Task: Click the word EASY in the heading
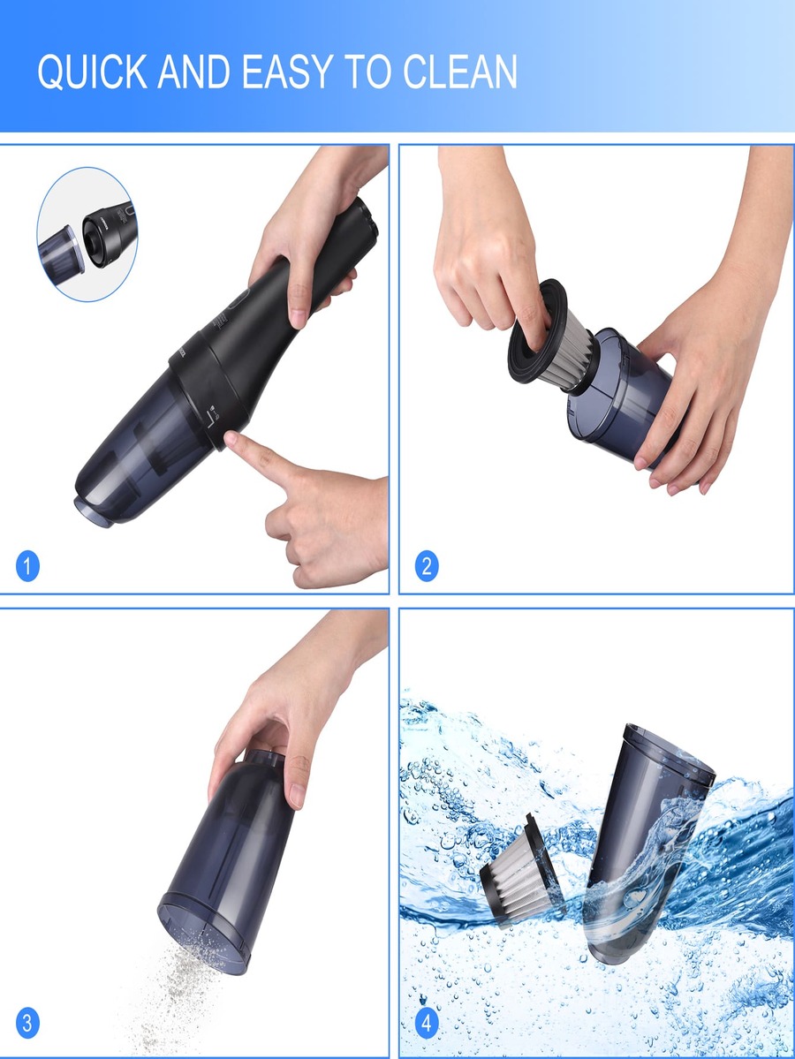point(296,72)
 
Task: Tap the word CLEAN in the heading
point(460,72)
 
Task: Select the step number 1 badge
point(27,565)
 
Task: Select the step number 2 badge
point(427,565)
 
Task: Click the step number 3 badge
point(27,1024)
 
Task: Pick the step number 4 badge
point(427,1024)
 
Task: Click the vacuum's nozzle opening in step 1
point(94,510)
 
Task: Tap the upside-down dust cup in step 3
point(230,857)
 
